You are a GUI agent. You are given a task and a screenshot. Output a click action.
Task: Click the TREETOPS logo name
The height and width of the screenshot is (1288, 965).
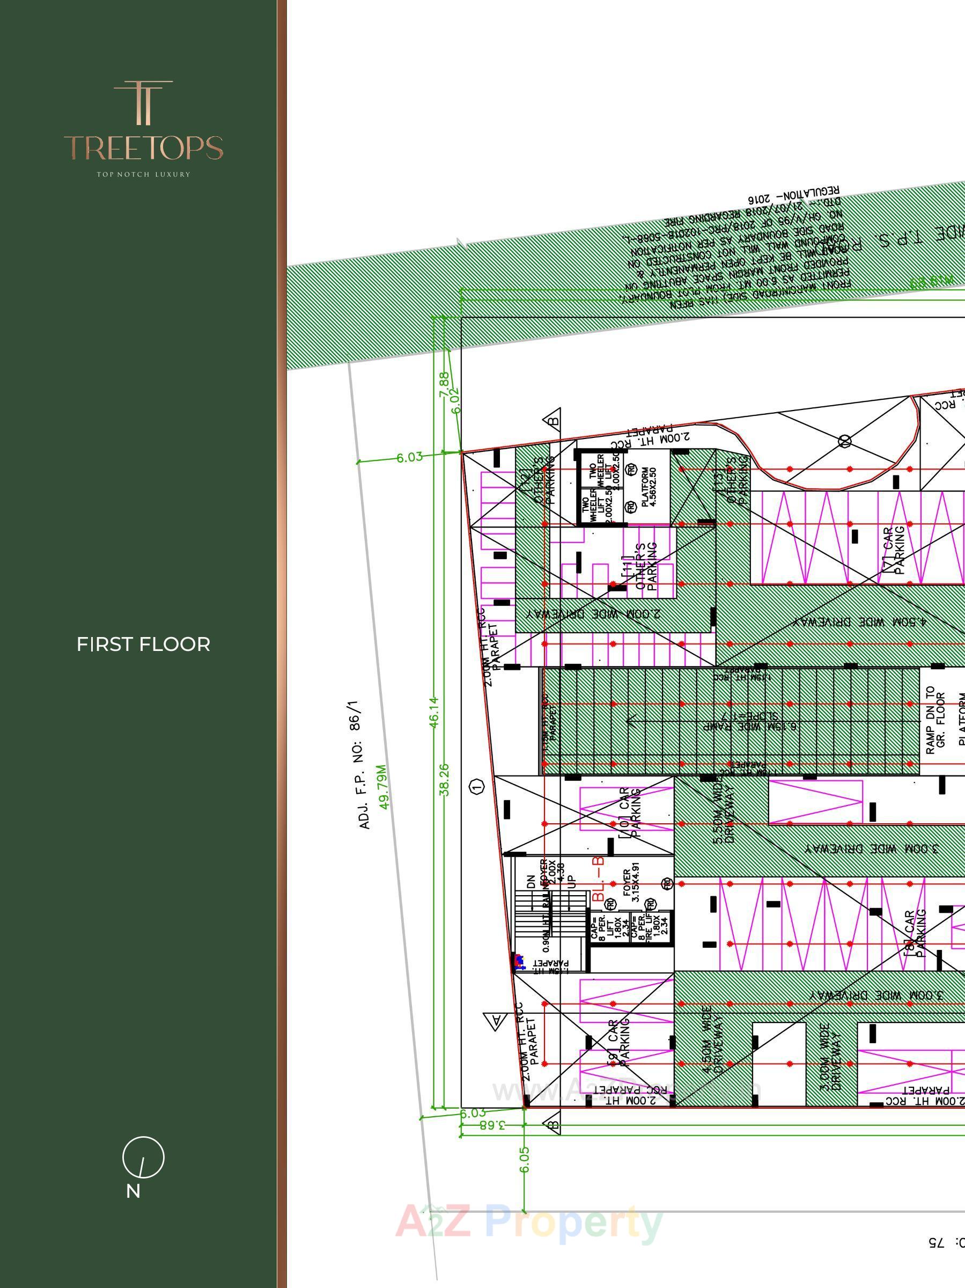[x=143, y=148]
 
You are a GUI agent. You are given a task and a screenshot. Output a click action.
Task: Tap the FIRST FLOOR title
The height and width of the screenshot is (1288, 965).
[x=143, y=644]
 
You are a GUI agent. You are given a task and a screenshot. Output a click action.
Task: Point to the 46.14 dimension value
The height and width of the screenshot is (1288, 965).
[x=433, y=712]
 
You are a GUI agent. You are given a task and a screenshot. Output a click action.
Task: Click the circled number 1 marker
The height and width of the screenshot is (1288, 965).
[x=477, y=787]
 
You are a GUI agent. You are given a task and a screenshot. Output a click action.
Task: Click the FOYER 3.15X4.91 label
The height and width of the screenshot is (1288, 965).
[x=631, y=887]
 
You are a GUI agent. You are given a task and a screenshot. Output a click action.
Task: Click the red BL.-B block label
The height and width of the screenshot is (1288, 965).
[x=598, y=880]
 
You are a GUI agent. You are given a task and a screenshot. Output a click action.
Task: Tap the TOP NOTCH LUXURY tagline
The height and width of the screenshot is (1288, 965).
[x=143, y=174]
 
